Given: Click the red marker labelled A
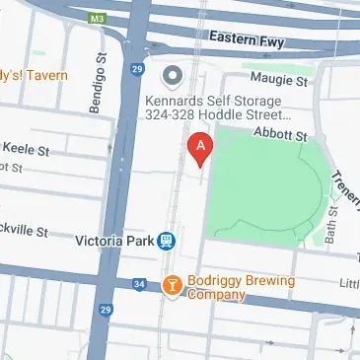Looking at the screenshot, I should (200, 149).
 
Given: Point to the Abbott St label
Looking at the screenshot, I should (282, 132).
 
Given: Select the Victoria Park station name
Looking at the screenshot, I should (114, 239).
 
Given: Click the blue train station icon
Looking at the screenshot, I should (168, 239).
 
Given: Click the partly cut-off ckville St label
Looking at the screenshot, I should (24, 231).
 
